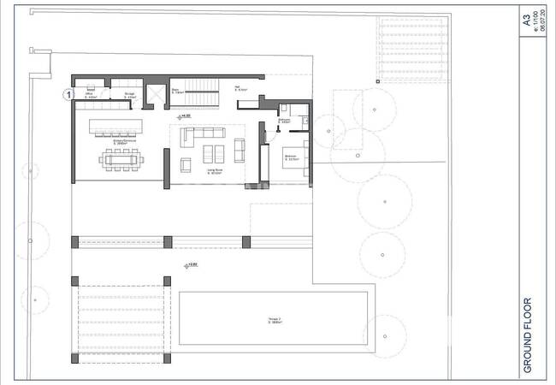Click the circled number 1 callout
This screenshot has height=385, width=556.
tap(67, 95)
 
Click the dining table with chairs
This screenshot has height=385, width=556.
tap(120, 159)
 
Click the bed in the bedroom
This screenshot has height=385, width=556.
tap(296, 161)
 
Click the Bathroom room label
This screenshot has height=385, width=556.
tap(285, 121)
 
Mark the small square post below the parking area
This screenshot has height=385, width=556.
tap(376, 82)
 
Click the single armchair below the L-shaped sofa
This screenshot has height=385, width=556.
tap(185, 164)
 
